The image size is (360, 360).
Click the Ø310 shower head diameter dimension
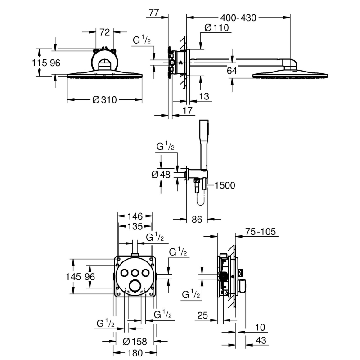[x=105, y=100]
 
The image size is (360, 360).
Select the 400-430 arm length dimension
[x=238, y=18]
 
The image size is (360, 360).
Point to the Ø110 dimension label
[x=216, y=28]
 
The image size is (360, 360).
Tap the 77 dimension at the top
[x=153, y=13]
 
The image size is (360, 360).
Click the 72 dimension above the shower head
[x=104, y=32]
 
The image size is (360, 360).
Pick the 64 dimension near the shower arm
[x=232, y=71]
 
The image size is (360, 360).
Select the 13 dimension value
[x=204, y=96]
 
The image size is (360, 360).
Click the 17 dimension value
[x=187, y=111]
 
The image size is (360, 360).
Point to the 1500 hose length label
[x=225, y=185]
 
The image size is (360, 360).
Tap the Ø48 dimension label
[x=161, y=175]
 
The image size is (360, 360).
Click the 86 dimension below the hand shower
[x=197, y=220]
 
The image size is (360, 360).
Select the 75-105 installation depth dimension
[x=261, y=232]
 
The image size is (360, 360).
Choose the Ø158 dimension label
[x=135, y=342]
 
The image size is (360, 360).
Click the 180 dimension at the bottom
[x=135, y=353]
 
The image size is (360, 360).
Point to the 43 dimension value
[x=261, y=340]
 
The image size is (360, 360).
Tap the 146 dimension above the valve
[x=135, y=216]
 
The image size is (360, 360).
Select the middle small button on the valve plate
[x=135, y=273]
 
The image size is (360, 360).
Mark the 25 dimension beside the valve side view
[x=202, y=315]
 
